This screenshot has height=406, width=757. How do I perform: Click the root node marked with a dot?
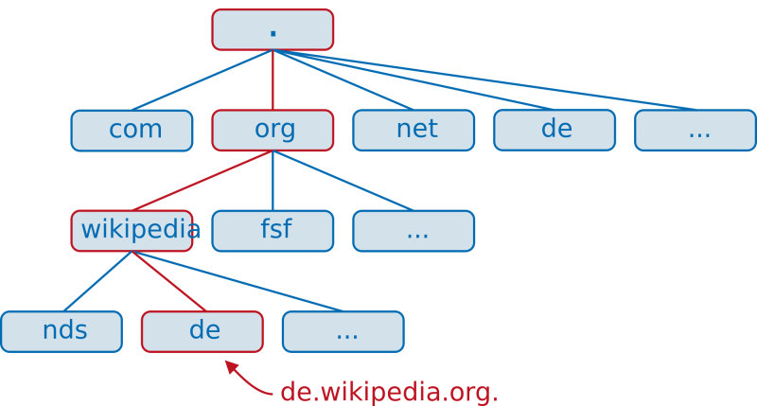click(273, 29)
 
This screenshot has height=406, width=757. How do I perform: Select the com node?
click(132, 131)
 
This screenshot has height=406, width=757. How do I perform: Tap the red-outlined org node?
click(273, 131)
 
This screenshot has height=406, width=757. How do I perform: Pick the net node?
click(414, 131)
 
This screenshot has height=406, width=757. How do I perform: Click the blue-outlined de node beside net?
click(555, 131)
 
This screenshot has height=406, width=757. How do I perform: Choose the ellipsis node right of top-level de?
click(695, 131)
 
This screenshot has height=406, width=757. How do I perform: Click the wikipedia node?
click(132, 231)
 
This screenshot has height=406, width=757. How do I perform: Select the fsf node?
click(273, 231)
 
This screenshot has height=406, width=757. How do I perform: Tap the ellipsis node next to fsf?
click(414, 231)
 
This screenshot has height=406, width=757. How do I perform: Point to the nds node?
click(62, 331)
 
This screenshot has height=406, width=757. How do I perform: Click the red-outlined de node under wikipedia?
click(202, 331)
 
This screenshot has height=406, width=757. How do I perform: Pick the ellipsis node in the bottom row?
click(343, 331)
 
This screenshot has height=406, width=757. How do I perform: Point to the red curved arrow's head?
click(228, 363)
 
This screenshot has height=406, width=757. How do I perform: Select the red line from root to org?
click(273, 80)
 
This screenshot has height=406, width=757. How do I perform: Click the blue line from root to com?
click(202, 79)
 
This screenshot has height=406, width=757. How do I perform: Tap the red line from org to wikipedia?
click(202, 181)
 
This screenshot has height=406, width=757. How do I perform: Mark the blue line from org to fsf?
click(273, 181)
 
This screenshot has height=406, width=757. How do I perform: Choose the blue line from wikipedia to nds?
click(97, 281)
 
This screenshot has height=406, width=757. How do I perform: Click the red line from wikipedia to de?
click(167, 281)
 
